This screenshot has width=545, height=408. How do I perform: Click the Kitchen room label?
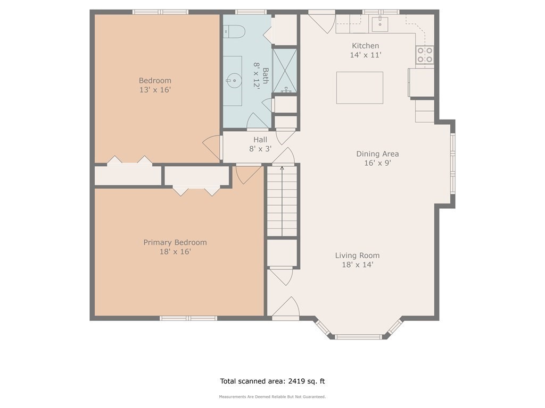(365, 46)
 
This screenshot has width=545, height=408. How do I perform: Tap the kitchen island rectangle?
(360, 88)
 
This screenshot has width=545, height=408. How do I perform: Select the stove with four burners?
(425, 55)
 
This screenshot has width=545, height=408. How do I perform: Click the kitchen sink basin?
(380, 24)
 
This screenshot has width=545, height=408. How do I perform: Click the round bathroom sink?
(234, 81)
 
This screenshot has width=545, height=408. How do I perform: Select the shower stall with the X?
(285, 71)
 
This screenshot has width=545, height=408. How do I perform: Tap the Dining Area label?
(377, 154)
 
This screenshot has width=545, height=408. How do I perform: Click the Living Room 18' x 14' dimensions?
(358, 265)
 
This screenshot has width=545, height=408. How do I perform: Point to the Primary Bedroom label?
(175, 242)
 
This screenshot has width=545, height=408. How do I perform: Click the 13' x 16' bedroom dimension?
(155, 90)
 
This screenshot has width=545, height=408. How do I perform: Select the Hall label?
(260, 140)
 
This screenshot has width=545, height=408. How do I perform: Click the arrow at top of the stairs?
(282, 168)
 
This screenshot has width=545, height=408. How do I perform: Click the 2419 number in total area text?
(296, 381)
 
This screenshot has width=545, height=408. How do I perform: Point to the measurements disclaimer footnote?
(272, 396)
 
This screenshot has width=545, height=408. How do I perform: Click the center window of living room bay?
(358, 336)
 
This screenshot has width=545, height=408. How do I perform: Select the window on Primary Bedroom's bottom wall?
(188, 318)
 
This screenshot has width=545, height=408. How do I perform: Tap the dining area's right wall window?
(452, 163)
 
